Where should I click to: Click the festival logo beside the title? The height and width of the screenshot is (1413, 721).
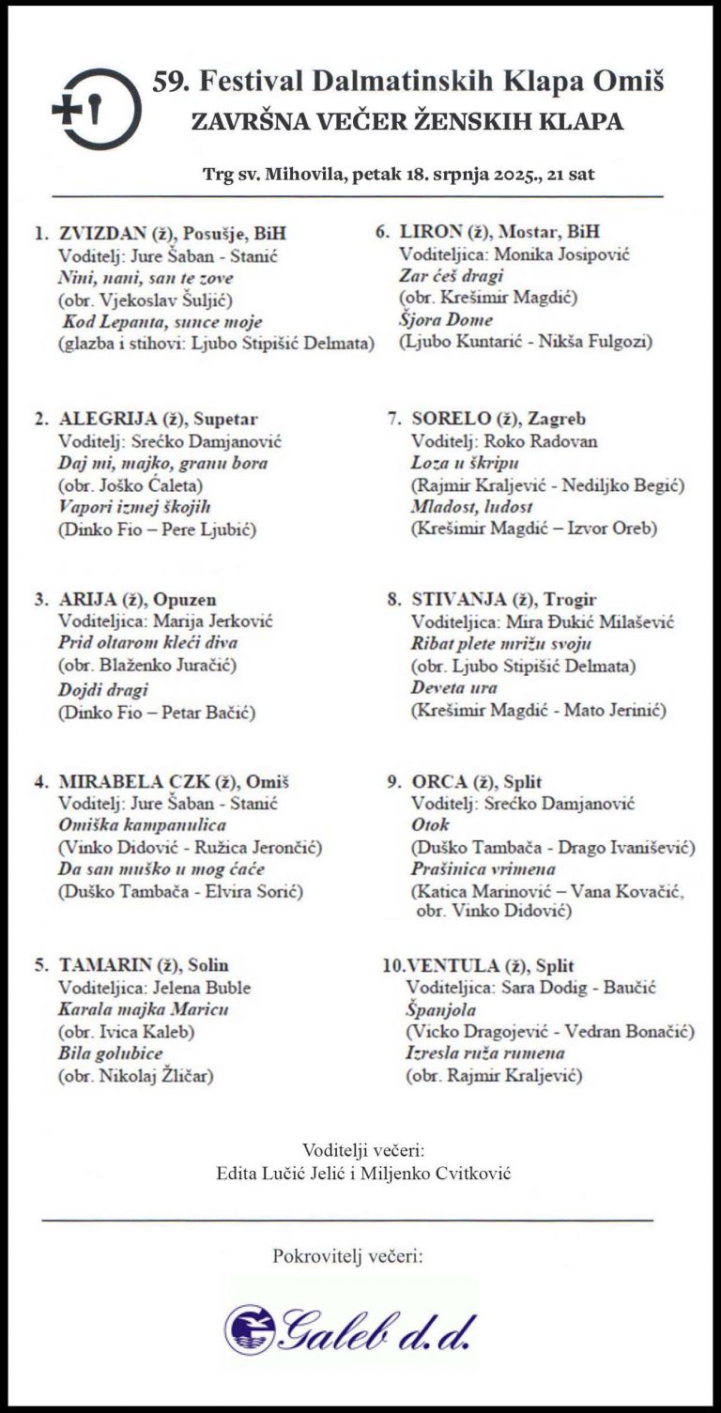point(98,109)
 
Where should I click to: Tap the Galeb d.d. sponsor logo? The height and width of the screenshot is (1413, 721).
point(351,1329)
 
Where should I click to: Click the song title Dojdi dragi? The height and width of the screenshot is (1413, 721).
point(103,690)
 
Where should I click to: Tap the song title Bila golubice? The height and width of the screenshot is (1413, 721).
point(110,1053)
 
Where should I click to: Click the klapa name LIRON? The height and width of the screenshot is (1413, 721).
point(431,232)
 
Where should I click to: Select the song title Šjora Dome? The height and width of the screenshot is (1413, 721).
point(445,320)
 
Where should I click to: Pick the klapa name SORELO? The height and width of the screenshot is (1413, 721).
point(451,419)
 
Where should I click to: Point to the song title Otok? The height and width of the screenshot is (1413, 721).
point(431,825)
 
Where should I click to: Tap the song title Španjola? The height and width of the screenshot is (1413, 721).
point(440,1010)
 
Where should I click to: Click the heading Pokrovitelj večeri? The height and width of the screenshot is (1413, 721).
point(347,1256)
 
